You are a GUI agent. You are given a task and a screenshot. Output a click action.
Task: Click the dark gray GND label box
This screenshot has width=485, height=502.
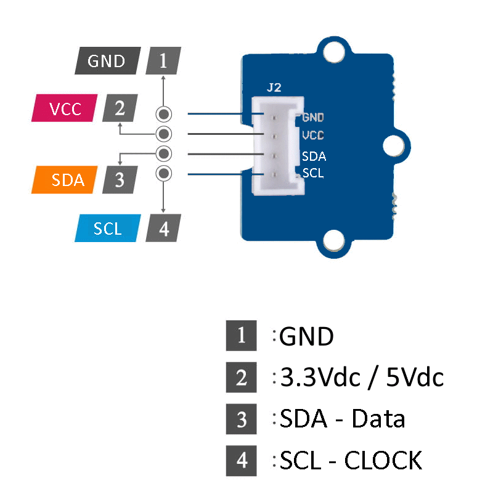tap(107, 61)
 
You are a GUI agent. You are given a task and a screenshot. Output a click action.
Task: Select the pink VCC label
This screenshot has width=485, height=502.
tap(65, 109)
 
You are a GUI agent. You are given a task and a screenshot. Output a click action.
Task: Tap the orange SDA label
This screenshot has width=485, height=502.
tap(66, 180)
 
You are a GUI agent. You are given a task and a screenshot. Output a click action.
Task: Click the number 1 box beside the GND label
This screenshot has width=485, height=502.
tap(163, 61)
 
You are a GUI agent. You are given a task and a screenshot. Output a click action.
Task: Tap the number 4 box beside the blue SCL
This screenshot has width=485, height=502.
tap(163, 229)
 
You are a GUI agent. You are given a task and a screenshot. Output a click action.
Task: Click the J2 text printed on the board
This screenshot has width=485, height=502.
tap(274, 87)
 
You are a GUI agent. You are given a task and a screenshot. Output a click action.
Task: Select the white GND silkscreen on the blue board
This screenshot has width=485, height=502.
tap(313, 116)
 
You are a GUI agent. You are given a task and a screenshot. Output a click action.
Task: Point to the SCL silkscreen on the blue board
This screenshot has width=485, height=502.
tap(313, 173)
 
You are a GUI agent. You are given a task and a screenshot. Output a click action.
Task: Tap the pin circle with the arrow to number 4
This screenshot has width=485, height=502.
tap(163, 173)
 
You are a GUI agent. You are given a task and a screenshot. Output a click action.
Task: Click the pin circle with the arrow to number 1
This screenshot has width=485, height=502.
tap(163, 115)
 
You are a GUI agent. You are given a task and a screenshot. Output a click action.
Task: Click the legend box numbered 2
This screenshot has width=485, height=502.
tap(241, 377)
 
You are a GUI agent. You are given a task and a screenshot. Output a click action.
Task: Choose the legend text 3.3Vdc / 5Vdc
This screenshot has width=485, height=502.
tap(361, 377)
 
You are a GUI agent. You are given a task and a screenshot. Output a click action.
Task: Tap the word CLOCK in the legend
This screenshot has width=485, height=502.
tap(383, 460)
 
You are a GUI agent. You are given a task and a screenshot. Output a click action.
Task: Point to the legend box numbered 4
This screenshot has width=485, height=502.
tap(241, 460)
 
